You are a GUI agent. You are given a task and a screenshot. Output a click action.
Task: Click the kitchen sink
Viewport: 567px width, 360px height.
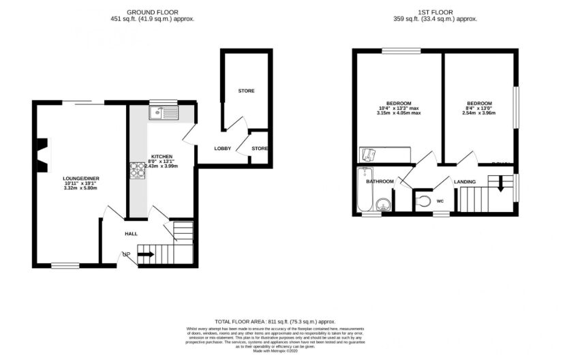point(163,112)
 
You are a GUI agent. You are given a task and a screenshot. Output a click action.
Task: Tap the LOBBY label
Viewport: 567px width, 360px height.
point(222,148)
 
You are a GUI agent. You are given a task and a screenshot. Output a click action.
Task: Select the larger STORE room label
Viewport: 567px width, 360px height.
point(246,91)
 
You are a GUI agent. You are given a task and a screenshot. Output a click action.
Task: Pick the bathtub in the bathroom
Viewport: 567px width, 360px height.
point(362,191)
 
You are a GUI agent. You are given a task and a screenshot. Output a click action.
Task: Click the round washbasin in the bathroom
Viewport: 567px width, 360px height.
point(384,203)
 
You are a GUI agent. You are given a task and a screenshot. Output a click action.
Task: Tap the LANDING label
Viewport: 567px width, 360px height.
point(465,181)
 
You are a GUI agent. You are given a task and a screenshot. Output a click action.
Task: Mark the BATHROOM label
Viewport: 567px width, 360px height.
point(380,181)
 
